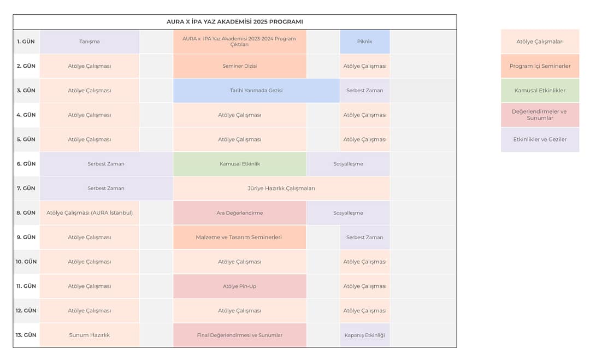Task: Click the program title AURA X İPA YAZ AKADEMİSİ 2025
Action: click(x=234, y=22)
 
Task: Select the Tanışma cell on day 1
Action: click(x=90, y=42)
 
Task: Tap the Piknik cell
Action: click(x=364, y=42)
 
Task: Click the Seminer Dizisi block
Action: click(x=239, y=66)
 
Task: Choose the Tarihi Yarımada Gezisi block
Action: click(x=256, y=91)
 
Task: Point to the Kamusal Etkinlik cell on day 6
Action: click(x=239, y=164)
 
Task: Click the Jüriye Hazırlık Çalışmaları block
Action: click(x=281, y=188)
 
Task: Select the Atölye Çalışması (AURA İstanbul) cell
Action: click(x=90, y=213)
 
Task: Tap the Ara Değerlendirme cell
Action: click(x=239, y=213)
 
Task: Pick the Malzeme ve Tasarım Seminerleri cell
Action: click(x=239, y=238)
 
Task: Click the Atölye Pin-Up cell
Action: click(x=239, y=286)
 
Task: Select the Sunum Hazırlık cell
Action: click(x=90, y=335)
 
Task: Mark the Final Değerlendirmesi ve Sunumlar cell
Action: click(x=239, y=335)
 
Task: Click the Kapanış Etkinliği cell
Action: click(x=364, y=335)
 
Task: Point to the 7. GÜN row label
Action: click(x=26, y=188)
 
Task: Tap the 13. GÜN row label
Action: click(x=26, y=335)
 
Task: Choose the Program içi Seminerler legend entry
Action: click(x=540, y=66)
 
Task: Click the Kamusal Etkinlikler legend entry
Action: click(x=540, y=91)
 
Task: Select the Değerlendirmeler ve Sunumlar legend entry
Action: click(x=540, y=115)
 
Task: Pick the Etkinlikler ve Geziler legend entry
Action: click(x=540, y=139)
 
